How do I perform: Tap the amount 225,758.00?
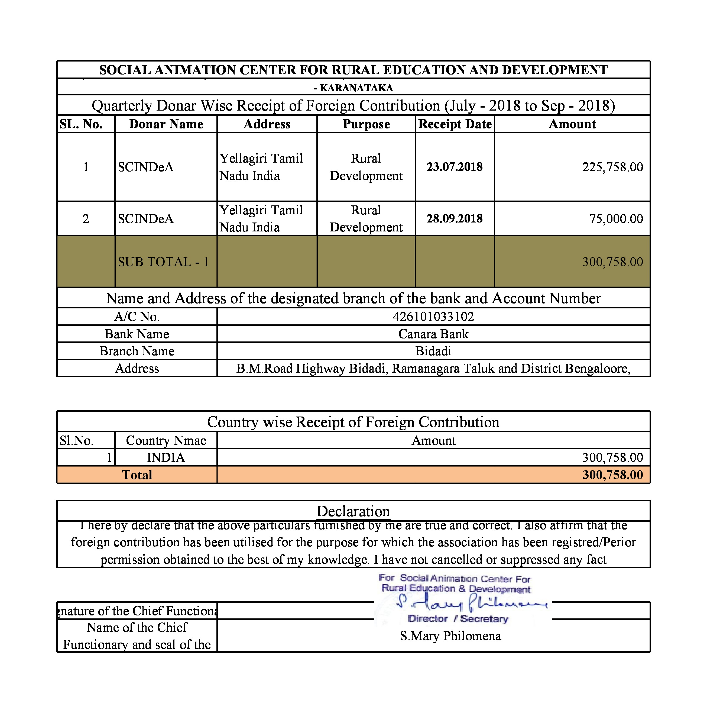point(612,167)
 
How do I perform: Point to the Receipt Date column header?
point(455,124)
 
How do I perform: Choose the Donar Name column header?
point(166,124)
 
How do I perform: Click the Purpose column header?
point(366,124)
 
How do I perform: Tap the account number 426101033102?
point(433,317)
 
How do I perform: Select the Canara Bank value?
point(433,334)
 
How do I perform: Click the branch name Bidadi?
point(433,351)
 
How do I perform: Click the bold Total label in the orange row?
point(137,475)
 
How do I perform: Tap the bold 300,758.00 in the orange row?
point(612,475)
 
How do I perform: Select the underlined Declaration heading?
point(353,511)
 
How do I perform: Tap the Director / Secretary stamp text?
point(458,619)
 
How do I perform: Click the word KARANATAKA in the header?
point(356,88)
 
